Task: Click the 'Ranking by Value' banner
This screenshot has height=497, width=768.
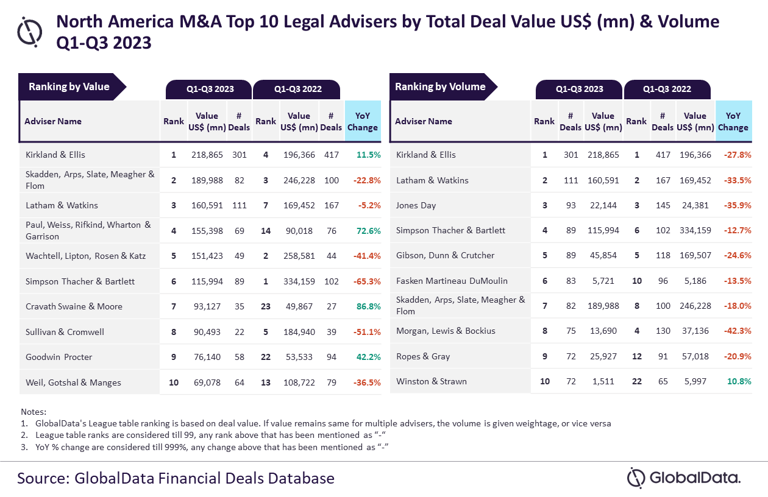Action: click(x=69, y=86)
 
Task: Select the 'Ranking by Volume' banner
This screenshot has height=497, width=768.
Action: click(x=440, y=86)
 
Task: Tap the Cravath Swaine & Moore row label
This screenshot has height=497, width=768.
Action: click(x=74, y=306)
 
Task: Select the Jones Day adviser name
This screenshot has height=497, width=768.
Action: click(x=416, y=205)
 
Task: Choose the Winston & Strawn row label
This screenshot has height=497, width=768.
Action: click(x=432, y=381)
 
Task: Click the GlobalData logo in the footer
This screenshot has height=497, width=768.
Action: click(x=684, y=478)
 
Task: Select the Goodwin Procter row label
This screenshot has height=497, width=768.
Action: click(x=59, y=357)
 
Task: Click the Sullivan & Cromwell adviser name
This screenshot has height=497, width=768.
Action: click(x=65, y=332)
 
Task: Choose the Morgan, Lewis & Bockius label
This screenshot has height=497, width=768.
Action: click(x=446, y=331)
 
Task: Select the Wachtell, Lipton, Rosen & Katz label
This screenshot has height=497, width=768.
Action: click(x=86, y=256)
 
